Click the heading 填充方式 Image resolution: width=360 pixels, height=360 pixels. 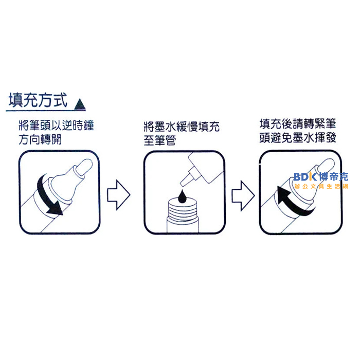(38, 100)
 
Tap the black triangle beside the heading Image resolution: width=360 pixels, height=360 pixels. (80, 105)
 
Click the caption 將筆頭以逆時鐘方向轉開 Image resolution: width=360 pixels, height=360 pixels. (55, 132)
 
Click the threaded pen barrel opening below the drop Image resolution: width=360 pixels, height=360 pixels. (183, 211)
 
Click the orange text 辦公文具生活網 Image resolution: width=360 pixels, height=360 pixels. (321, 186)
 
